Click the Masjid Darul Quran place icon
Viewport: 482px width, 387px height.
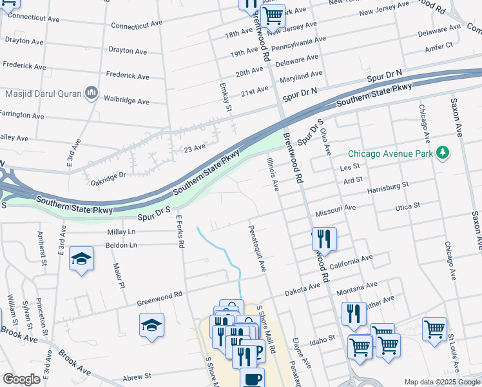pyautogui.click(x=91, y=94)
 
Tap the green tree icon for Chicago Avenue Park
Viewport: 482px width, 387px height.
pyautogui.click(x=442, y=153)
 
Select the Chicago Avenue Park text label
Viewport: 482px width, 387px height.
pyautogui.click(x=390, y=154)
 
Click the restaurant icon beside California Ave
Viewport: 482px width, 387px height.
pyautogui.click(x=324, y=239)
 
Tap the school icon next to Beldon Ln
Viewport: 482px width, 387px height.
pyautogui.click(x=81, y=259)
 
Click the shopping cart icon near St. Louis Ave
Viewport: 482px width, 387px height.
pyautogui.click(x=434, y=329)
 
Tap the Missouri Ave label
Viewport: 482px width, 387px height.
pyautogui.click(x=335, y=211)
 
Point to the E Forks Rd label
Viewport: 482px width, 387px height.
pyautogui.click(x=180, y=232)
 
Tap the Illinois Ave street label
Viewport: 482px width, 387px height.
pyautogui.click(x=271, y=175)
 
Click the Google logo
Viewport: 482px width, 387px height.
pyautogui.click(x=21, y=379)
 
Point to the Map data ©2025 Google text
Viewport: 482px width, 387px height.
pyautogui.click(x=441, y=382)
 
